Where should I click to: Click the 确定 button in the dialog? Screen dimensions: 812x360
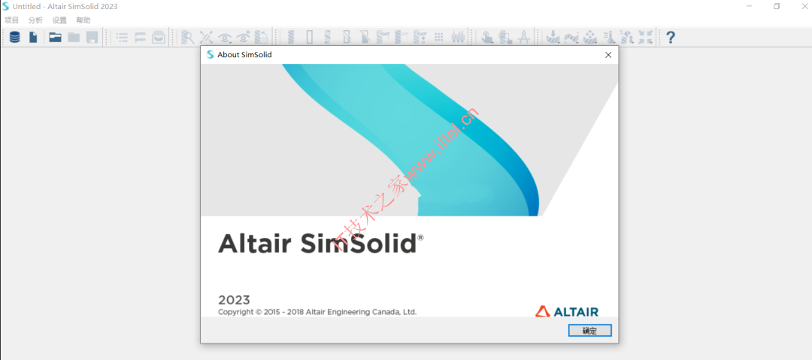[590, 331]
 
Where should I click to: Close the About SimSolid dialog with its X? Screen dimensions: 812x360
[608, 54]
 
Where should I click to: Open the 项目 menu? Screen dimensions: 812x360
[11, 20]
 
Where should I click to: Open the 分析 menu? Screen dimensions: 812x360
[36, 20]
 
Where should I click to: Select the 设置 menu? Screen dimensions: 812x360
[59, 20]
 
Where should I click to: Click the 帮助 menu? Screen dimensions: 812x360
[83, 20]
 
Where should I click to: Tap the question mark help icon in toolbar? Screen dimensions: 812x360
[671, 38]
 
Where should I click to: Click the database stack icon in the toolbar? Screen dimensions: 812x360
[14, 38]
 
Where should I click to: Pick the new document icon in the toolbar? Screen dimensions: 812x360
[33, 38]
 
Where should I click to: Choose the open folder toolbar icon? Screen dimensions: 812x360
[55, 38]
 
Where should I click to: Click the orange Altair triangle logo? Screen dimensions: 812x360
[543, 311]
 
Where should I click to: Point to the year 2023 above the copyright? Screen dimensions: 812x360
[234, 300]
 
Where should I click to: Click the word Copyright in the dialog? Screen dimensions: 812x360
[235, 313]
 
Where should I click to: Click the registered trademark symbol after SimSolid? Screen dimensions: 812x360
[420, 237]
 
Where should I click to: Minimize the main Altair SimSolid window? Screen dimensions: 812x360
[750, 6]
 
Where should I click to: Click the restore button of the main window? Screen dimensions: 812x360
[777, 6]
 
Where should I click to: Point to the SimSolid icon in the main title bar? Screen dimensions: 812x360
[6, 6]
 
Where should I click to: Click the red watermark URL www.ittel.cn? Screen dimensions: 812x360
[442, 146]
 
